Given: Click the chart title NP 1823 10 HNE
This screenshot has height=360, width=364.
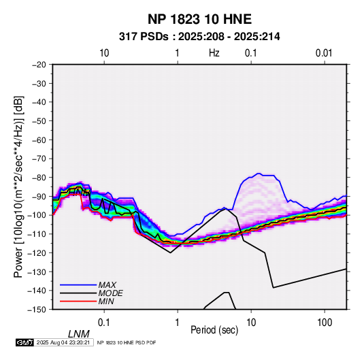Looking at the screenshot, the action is pos(199,19).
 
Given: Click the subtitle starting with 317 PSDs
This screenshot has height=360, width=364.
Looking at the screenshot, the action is pos(199,37).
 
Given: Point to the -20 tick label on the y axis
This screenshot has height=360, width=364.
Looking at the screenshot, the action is pos(39,65).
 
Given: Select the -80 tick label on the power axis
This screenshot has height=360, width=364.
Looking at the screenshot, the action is pos(39,178).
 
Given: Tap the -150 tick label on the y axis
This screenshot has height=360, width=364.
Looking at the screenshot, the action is pos(37,310).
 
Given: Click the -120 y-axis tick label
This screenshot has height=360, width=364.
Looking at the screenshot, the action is pos(37,252).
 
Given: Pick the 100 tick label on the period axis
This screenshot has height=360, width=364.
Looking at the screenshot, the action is pos(325,323).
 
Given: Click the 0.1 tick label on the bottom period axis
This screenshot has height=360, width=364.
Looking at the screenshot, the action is pos(104,323).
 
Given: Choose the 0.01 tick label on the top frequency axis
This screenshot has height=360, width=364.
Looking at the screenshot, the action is pos(324,53).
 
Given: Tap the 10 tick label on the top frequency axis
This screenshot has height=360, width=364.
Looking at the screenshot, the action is pos(104,53).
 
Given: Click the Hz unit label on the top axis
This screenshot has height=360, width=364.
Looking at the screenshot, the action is pos(214,53).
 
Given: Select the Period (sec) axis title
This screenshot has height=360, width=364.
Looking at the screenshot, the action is pos(214,330).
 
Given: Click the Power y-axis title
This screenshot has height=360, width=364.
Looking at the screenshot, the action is pos(18,186).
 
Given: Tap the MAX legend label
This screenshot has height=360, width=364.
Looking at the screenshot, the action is pos(107,284).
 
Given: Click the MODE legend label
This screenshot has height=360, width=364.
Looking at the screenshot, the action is pos(110,293).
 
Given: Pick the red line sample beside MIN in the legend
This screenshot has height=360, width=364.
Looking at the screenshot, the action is pos(78,301).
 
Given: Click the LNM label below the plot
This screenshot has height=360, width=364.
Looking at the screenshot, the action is pos(79,334).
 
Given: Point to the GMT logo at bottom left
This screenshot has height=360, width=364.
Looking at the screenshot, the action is pos(25,342).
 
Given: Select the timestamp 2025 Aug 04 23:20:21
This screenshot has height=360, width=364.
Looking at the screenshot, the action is pos(63,342).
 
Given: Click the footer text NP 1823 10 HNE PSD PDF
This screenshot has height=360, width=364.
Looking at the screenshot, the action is pos(127,342).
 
